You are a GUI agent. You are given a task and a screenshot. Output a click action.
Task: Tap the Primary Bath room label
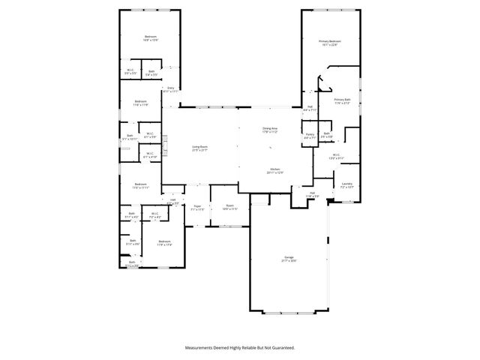(x=342, y=100)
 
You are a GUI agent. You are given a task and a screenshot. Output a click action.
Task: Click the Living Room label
(x=199, y=147)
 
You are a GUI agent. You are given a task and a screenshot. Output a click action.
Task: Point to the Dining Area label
(x=270, y=128)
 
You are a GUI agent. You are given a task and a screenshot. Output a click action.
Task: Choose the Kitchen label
(x=275, y=169)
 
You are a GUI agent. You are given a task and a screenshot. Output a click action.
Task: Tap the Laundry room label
(x=346, y=184)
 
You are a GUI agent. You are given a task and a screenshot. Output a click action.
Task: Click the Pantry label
(x=310, y=135)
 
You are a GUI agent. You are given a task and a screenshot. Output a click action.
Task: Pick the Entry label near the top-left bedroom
(x=171, y=88)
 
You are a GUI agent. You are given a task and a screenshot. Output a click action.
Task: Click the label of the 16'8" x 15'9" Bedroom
(x=151, y=37)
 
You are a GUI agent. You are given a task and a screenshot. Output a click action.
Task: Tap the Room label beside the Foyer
(x=229, y=205)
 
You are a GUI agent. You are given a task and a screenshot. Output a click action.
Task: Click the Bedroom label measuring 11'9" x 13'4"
(x=164, y=241)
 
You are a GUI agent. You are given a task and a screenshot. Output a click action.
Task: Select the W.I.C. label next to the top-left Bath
(x=130, y=71)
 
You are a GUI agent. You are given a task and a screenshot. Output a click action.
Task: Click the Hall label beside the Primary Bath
(x=310, y=106)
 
